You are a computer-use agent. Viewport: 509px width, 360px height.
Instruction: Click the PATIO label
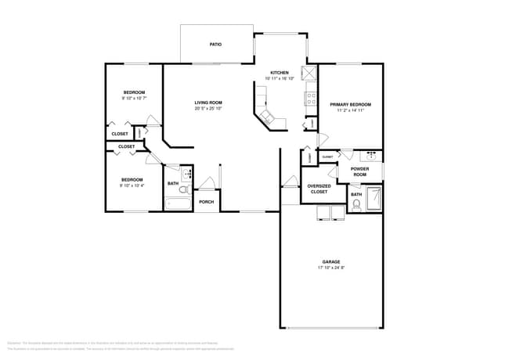tap(215, 45)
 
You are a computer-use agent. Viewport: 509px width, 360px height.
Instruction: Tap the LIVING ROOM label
tap(208, 103)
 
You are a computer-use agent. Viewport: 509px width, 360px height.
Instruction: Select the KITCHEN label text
tap(280, 73)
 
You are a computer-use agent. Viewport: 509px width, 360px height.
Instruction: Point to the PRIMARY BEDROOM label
tap(350, 104)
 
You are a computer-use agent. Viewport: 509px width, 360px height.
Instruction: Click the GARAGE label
tap(331, 261)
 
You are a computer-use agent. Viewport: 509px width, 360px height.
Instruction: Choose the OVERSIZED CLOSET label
tap(319, 189)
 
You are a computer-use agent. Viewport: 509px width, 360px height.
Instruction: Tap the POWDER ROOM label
tap(359, 171)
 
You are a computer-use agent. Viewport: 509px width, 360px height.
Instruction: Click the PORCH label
tap(206, 202)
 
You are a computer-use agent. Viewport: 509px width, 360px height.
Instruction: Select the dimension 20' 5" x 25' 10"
tap(208, 109)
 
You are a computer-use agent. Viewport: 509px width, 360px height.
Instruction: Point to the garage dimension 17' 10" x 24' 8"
tap(331, 268)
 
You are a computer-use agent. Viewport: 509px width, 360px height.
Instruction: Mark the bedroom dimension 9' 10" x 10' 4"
tap(132, 185)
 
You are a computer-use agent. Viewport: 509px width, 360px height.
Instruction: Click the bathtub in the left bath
tap(178, 203)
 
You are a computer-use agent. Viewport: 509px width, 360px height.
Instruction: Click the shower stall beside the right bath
tap(375, 200)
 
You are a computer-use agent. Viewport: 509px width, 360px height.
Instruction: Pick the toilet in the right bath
tap(356, 206)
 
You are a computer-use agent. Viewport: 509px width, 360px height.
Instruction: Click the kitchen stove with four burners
tap(311, 99)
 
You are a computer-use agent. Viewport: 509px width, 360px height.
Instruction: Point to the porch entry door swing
tap(207, 184)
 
